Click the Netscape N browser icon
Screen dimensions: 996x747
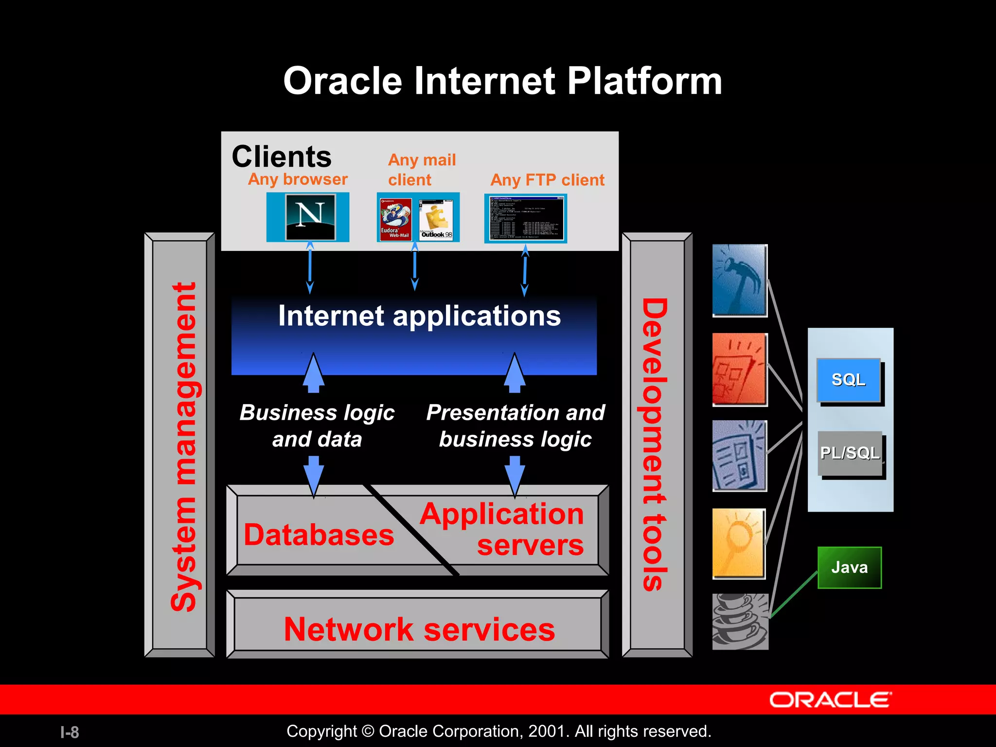[x=310, y=217]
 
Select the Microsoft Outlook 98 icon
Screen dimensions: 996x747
[x=436, y=219]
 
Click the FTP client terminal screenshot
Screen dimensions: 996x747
[x=526, y=218]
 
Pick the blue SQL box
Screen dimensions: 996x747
[x=849, y=380]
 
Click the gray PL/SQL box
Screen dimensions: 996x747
[x=850, y=453]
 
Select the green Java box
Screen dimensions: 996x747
[x=849, y=568]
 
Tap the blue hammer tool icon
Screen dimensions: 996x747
[x=739, y=280]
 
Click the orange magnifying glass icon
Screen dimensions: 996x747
[x=739, y=543]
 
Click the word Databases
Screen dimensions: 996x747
[x=319, y=535]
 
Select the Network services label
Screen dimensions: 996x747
[x=419, y=629]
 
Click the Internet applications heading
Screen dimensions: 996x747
[x=419, y=316]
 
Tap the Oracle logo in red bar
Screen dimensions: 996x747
[x=830, y=700]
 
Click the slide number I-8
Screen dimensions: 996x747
[x=70, y=732]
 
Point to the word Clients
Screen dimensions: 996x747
[x=282, y=157]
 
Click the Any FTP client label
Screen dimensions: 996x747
[x=547, y=180]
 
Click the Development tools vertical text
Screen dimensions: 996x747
[x=655, y=445]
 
